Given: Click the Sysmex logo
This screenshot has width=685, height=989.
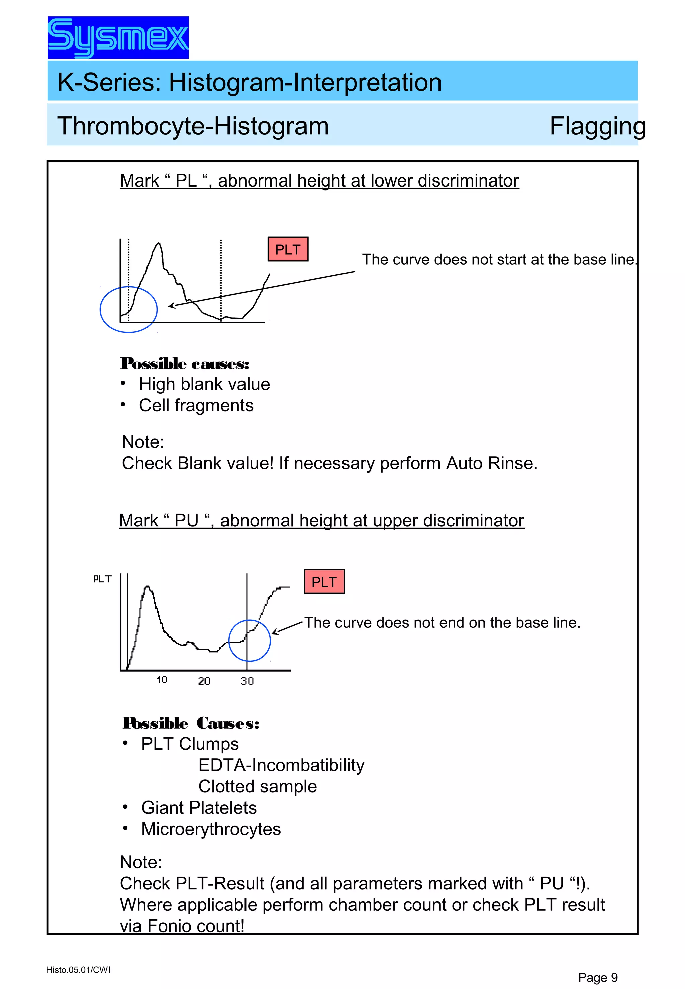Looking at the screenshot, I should (118, 38).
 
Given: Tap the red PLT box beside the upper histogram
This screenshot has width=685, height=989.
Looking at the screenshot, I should (288, 249).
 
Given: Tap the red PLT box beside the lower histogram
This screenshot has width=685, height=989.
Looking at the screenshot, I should (324, 582).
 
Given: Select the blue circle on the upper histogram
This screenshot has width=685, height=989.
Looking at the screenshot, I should (128, 309).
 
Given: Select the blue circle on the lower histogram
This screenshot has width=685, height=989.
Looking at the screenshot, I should (250, 641).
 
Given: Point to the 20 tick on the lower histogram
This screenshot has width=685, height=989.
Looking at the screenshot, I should (204, 681).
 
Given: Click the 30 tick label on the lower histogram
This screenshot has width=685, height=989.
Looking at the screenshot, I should (247, 681).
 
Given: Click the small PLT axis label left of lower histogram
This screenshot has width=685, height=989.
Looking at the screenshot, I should (103, 579).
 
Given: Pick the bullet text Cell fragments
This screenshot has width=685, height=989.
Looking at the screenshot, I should (196, 405).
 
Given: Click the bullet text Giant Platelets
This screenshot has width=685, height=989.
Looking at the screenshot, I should (199, 808).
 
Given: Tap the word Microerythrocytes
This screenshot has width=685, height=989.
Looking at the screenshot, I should (211, 829).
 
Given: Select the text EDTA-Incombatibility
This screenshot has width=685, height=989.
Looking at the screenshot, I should (281, 765).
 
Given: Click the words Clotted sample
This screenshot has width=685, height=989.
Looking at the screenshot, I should (258, 786).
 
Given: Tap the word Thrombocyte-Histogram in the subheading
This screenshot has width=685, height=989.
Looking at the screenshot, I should (193, 126).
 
